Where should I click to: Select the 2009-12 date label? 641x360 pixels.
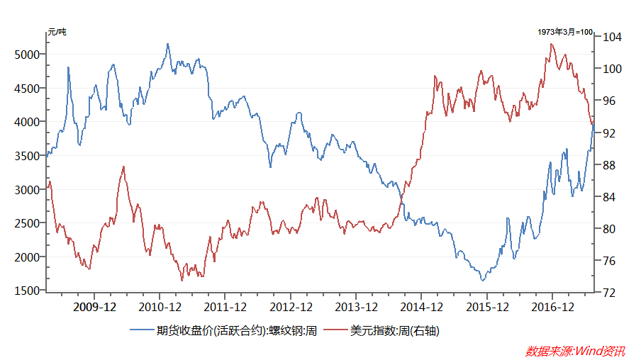(95, 307)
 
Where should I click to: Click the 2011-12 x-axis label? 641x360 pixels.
(225, 307)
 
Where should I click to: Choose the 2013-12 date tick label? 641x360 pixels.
(356, 307)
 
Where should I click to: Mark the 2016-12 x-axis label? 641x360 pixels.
(552, 307)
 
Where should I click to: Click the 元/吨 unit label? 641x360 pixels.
(57, 32)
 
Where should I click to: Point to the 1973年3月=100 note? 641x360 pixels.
(565, 32)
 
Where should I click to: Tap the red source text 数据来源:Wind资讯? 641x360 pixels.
(575, 350)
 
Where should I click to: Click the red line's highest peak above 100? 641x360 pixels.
(552, 44)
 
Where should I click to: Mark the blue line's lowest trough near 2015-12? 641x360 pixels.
(483, 281)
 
